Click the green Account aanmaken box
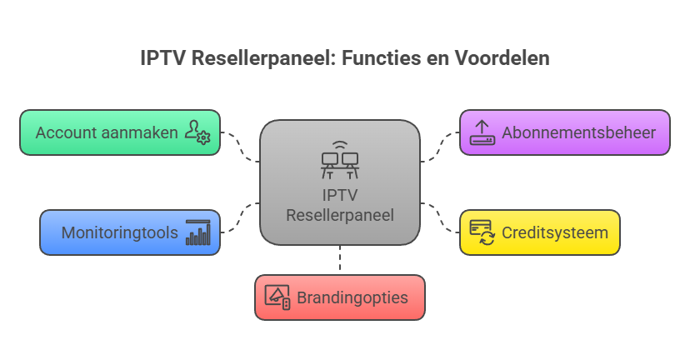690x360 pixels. point(107,132)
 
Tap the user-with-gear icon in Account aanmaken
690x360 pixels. point(197,132)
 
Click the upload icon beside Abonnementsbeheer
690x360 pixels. point(482,132)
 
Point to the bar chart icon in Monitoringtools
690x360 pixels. point(197,232)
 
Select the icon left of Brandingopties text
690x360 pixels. point(277,297)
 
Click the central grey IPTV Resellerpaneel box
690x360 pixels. point(339,208)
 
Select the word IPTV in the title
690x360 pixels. point(160,59)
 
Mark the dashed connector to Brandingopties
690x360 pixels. point(339,260)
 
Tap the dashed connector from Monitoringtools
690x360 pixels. point(239,218)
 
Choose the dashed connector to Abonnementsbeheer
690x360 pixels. point(440,145)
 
